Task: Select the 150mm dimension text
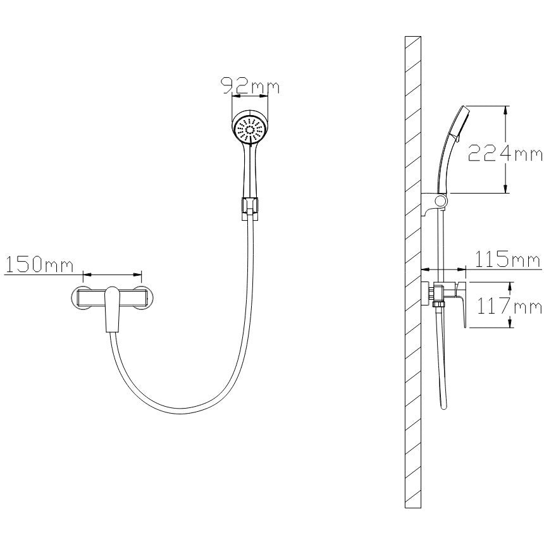tap(39, 265)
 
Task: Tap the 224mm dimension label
tap(505, 153)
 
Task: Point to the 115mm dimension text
tap(507, 259)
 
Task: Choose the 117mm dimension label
tap(509, 306)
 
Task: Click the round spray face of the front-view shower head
tap(250, 130)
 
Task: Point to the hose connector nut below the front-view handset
tap(249, 209)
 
